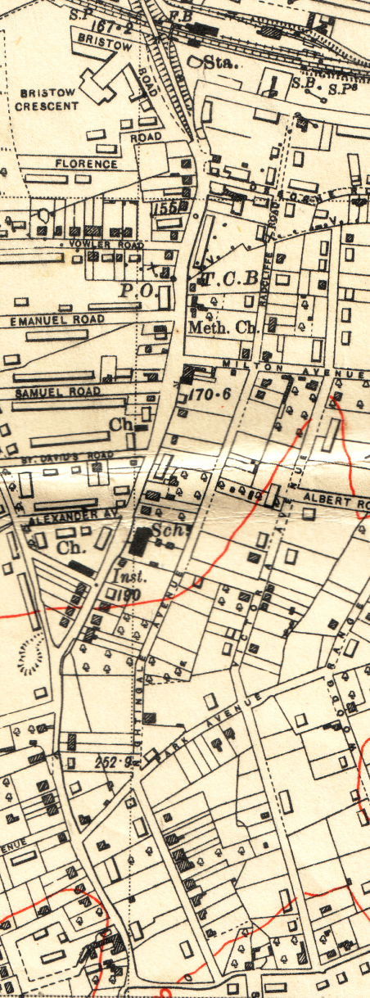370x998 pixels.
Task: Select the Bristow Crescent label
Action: pyautogui.click(x=47, y=99)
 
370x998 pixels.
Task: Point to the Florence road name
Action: pyautogui.click(x=87, y=164)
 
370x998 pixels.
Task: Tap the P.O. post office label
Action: pyautogui.click(x=136, y=291)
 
